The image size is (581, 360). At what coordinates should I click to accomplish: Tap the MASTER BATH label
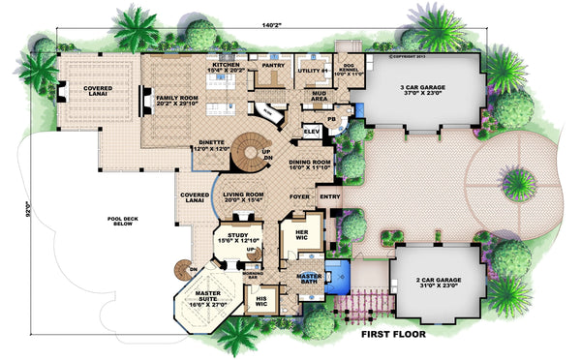pyautogui.click(x=309, y=278)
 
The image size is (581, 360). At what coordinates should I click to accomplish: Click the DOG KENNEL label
pyautogui.click(x=347, y=71)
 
